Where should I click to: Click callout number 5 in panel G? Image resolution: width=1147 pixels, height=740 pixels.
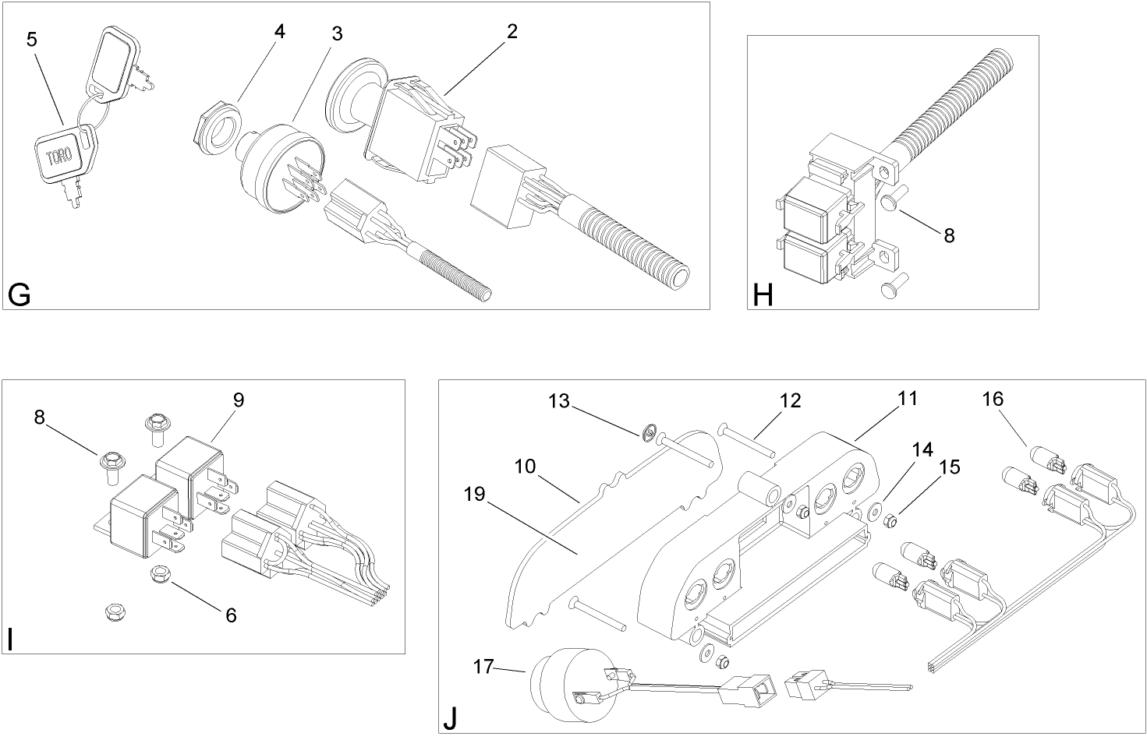click(32, 39)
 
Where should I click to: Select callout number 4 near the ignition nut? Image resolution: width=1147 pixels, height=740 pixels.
click(279, 32)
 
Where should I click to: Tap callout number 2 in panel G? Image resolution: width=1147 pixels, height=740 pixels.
click(512, 31)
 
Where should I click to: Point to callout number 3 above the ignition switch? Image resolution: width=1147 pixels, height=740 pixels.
click(336, 34)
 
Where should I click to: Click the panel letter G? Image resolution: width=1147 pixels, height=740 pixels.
click(19, 295)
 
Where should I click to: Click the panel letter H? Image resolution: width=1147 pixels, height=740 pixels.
click(763, 296)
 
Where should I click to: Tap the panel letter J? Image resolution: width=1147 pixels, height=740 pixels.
click(450, 718)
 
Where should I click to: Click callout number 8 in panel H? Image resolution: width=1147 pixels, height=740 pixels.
click(949, 234)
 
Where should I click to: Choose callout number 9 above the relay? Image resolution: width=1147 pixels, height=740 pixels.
click(239, 400)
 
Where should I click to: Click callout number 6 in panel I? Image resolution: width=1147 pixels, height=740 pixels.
click(231, 615)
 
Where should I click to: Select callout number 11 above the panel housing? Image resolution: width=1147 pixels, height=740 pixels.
click(908, 398)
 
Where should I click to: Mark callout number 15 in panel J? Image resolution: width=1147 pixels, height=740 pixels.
click(949, 467)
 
